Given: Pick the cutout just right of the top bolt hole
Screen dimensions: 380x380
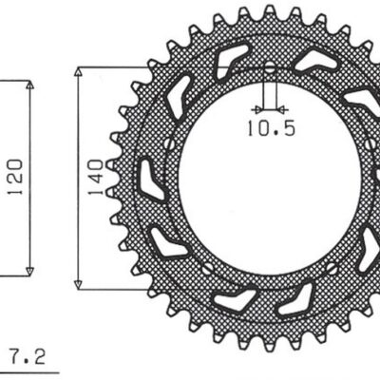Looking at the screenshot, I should (x=314, y=62).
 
